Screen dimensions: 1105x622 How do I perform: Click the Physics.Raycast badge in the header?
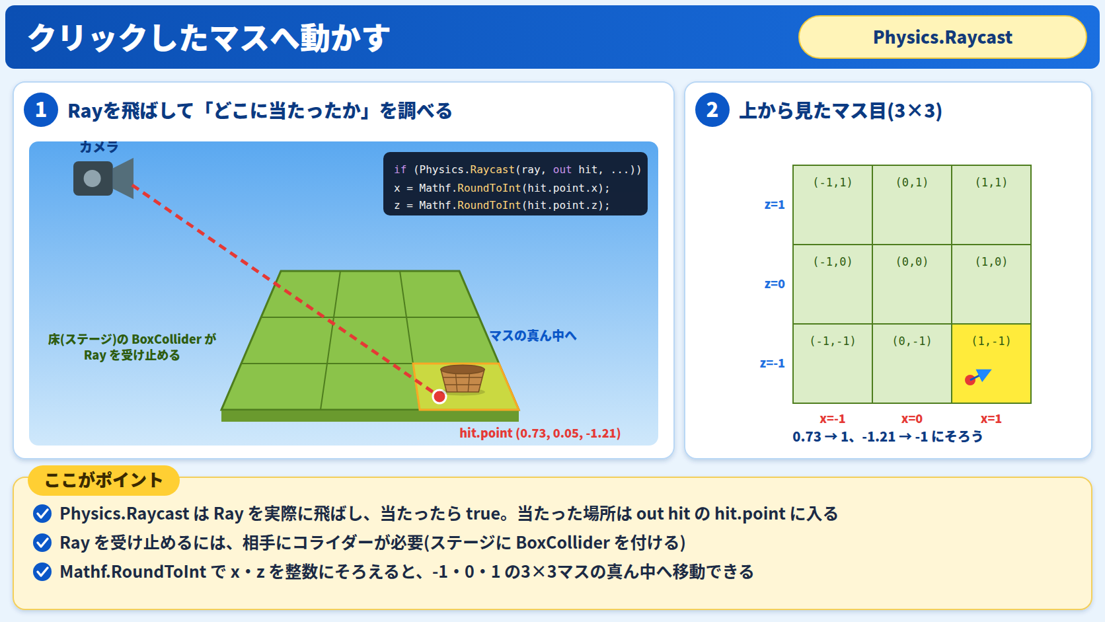pos(942,37)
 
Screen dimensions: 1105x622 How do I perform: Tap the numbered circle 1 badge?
pos(41,110)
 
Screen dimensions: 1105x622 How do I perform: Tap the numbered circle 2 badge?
pos(712,110)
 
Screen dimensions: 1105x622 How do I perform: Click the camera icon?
pos(103,178)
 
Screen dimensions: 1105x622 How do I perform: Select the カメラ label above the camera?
pos(99,147)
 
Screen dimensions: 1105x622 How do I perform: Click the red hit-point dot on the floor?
pos(439,396)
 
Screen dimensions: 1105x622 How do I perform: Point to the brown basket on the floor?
pos(462,379)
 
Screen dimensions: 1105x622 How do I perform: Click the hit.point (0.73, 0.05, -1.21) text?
pos(540,433)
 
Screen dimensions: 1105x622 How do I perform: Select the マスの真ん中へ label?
pos(533,336)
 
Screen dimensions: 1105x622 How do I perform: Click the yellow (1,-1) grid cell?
pos(991,364)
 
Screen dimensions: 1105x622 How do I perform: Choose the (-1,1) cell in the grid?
pos(833,205)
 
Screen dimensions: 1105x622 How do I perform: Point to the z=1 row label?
pos(775,205)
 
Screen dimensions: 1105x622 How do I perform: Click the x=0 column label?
pos(911,419)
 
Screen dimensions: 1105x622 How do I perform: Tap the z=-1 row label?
pos(772,364)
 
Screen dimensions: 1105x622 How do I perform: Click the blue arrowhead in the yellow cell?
pos(983,375)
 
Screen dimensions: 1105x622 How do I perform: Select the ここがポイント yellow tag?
pos(104,481)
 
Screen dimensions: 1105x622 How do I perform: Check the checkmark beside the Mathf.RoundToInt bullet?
pos(42,572)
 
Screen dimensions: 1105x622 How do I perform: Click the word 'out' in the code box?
pos(562,170)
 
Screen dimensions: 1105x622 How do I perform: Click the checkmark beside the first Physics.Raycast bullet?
pos(42,514)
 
